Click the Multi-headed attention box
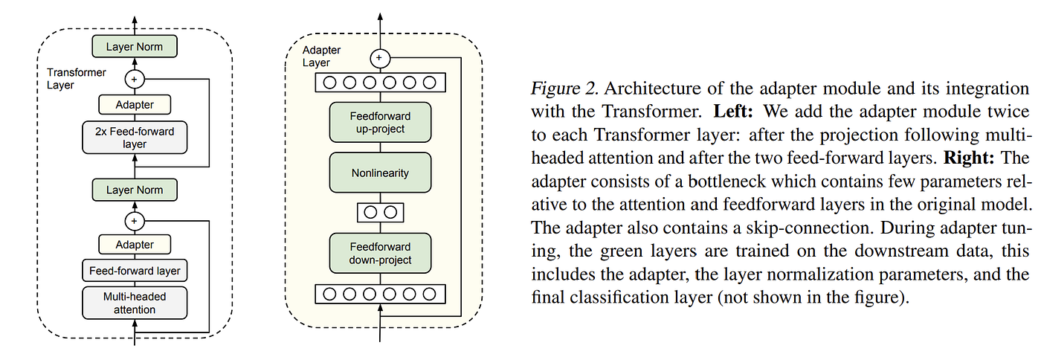click(135, 303)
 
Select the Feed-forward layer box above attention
click(135, 271)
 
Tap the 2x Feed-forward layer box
click(135, 138)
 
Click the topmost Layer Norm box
click(135, 47)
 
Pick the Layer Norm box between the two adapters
click(135, 190)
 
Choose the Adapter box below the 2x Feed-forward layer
click(135, 244)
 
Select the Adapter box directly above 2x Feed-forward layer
click(135, 106)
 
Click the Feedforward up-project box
click(380, 122)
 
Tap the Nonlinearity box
click(380, 173)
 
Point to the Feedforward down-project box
click(380, 254)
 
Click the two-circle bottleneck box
click(380, 212)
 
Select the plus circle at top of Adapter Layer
click(380, 57)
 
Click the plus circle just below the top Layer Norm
click(135, 78)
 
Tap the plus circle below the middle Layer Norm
click(135, 221)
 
